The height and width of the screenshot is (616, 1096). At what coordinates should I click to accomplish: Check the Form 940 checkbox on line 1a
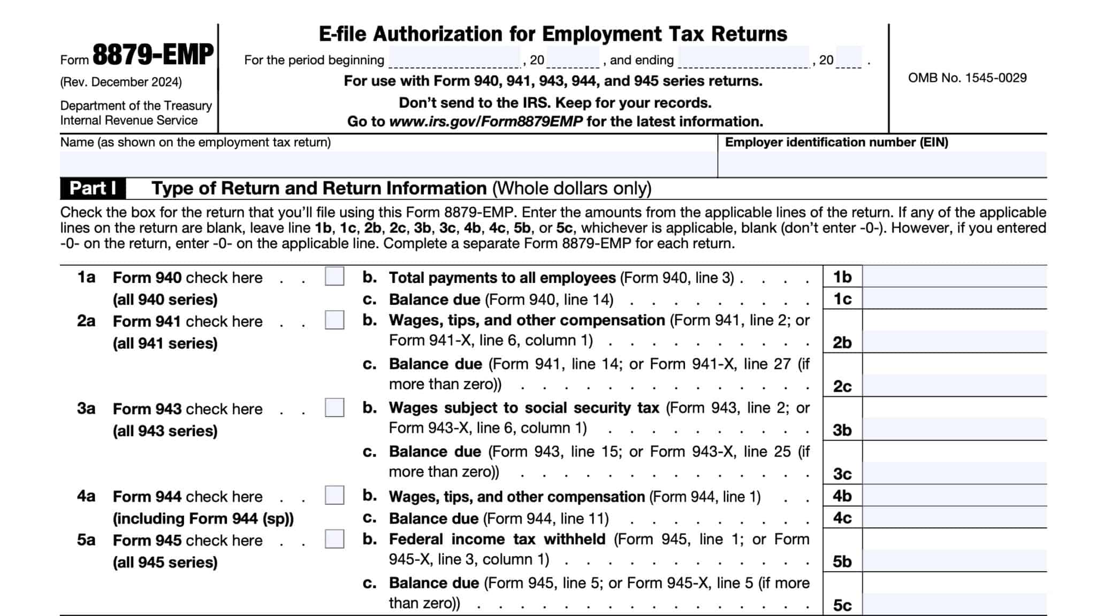(334, 276)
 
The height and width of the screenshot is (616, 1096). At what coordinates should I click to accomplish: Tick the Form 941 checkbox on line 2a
(334, 320)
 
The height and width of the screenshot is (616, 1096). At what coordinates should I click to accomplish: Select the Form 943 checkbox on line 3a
(334, 408)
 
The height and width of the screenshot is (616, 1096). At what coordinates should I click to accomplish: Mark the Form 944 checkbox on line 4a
(334, 495)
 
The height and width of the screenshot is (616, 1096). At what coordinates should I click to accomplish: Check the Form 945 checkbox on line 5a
(334, 539)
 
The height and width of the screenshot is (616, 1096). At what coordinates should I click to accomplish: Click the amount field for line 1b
(954, 277)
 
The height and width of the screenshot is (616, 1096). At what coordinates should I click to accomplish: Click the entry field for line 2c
(954, 386)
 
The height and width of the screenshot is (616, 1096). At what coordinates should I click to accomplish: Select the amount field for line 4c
(954, 518)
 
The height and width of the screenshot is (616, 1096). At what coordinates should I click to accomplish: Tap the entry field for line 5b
(954, 561)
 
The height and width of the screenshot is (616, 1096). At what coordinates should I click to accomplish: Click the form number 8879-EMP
(153, 55)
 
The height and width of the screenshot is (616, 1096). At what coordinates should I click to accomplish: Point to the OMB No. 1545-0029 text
(967, 78)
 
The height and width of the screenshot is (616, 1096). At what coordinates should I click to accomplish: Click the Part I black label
(93, 188)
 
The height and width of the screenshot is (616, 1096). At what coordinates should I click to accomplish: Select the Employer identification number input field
(882, 164)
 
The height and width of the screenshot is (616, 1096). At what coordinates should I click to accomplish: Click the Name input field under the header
(388, 164)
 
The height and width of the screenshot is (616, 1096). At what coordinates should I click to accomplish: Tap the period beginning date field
(454, 57)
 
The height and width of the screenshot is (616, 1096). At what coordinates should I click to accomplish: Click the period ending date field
(744, 57)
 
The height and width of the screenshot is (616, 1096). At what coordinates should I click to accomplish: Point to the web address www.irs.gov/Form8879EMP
(485, 122)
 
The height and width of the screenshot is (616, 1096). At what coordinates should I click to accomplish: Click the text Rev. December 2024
(121, 82)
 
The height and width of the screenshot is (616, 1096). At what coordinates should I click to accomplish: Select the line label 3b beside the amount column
(842, 430)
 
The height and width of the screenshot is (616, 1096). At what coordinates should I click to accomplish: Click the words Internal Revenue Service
(129, 120)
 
